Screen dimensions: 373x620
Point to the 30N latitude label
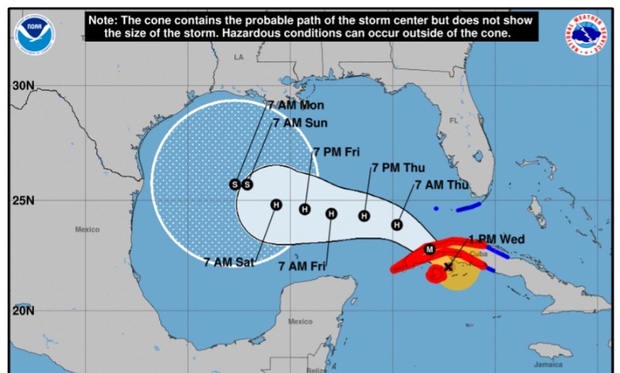click(23, 86)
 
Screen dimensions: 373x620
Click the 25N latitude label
click(23, 201)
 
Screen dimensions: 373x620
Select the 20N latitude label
click(23, 310)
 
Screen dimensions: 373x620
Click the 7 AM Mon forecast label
click(295, 105)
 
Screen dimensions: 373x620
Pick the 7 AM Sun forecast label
click(300, 123)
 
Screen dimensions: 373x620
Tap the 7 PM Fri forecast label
click(337, 152)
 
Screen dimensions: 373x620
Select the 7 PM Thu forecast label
click(398, 167)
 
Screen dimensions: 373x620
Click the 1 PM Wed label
click(496, 239)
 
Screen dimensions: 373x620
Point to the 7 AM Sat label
click(229, 262)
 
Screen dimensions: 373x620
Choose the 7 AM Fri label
click(302, 265)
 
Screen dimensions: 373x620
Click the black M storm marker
click(429, 249)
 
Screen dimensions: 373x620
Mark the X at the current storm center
click(448, 266)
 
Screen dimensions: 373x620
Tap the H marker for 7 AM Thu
click(397, 225)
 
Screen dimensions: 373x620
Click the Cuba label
click(478, 254)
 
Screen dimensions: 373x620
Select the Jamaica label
click(548, 364)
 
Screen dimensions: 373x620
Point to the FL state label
click(454, 120)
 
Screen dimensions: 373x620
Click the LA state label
click(239, 57)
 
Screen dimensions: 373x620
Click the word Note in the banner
click(103, 20)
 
